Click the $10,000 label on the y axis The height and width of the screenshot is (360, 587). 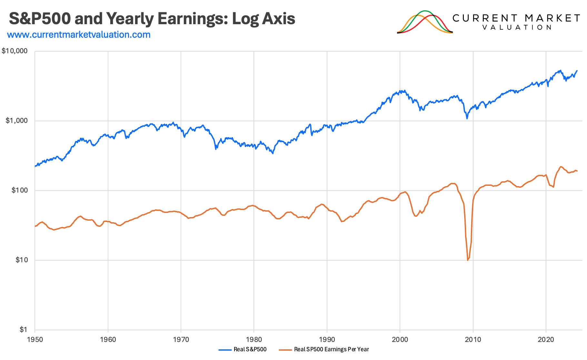15,51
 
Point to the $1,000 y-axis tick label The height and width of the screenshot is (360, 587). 17,121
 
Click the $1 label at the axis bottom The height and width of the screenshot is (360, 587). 23,330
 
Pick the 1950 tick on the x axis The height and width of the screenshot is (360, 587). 35,339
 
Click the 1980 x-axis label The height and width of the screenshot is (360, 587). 254,339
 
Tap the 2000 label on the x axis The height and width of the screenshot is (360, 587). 400,339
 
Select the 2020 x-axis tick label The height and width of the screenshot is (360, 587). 546,339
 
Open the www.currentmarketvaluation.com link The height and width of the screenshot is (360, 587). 79,35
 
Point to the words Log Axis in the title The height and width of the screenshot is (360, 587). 264,18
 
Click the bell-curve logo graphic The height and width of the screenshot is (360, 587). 425,22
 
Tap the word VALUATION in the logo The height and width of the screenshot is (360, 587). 517,27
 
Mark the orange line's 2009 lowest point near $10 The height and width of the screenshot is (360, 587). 468,260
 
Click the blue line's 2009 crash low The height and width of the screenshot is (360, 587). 467,118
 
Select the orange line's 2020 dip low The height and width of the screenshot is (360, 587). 553,187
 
